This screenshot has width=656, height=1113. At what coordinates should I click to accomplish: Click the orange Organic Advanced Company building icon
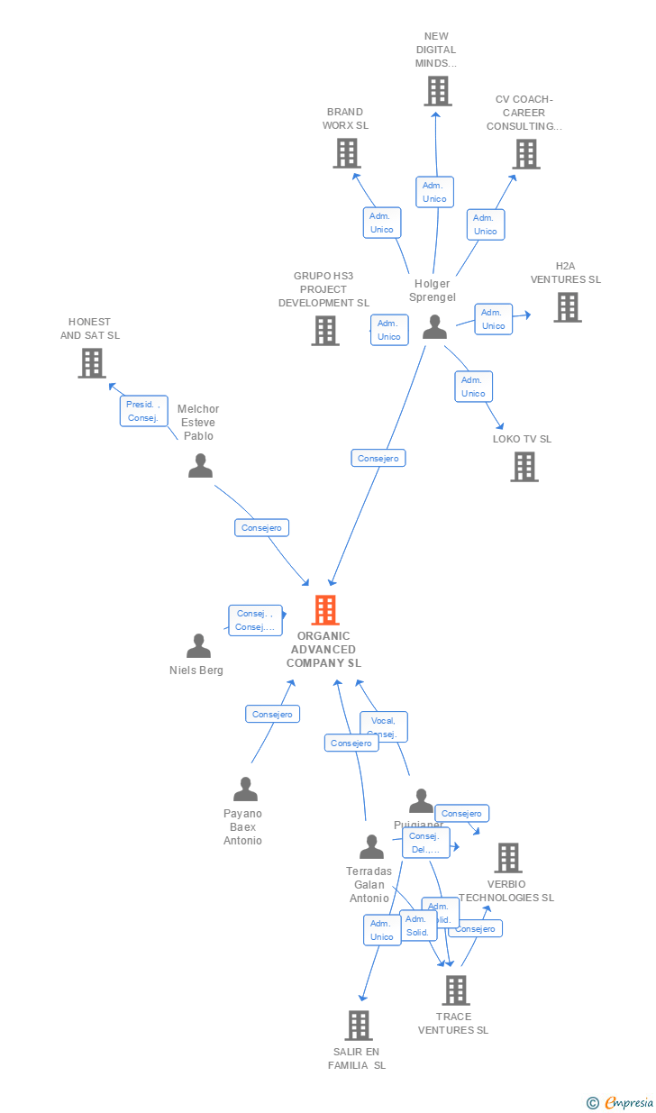click(325, 610)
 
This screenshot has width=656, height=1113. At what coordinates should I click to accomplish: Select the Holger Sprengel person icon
click(434, 326)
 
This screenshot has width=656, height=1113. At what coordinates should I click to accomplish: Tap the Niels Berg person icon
click(198, 646)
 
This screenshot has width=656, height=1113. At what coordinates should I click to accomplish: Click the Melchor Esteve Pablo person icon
click(200, 466)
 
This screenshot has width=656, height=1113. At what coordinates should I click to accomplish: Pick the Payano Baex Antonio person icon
click(245, 789)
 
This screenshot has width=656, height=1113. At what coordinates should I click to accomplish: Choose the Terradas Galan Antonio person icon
click(371, 847)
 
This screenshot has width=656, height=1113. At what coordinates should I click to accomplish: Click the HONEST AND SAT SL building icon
click(91, 362)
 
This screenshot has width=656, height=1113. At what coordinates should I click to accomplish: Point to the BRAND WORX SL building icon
click(347, 153)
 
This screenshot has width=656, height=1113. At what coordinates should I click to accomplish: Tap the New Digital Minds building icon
click(437, 91)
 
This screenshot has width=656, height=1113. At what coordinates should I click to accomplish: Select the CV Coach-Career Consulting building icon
click(526, 154)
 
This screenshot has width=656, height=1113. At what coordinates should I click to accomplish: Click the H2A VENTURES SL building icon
click(567, 307)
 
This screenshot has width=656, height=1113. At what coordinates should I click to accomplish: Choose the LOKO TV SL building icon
click(524, 467)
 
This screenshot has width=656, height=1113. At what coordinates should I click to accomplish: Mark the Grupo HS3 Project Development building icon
click(325, 331)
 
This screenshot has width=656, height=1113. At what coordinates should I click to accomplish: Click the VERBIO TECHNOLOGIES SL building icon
click(507, 858)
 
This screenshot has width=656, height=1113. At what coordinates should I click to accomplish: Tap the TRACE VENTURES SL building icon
click(455, 990)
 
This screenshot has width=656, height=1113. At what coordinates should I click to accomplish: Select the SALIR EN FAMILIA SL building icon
click(358, 1026)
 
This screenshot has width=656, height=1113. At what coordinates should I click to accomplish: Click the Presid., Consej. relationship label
click(143, 411)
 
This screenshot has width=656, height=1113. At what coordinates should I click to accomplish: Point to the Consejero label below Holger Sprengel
click(378, 458)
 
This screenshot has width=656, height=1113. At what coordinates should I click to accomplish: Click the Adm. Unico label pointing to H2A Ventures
click(493, 319)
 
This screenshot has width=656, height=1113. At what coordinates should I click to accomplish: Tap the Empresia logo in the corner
click(622, 1102)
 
